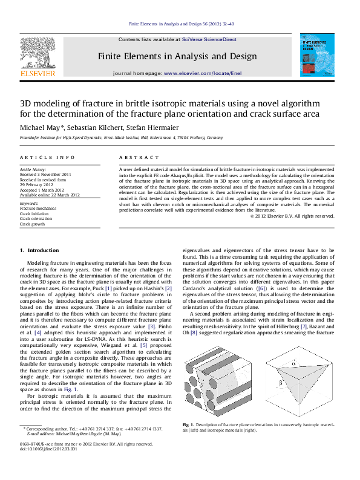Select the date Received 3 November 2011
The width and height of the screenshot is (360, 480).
(x=45, y=174)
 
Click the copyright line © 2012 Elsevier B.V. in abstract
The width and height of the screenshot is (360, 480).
(x=292, y=216)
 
